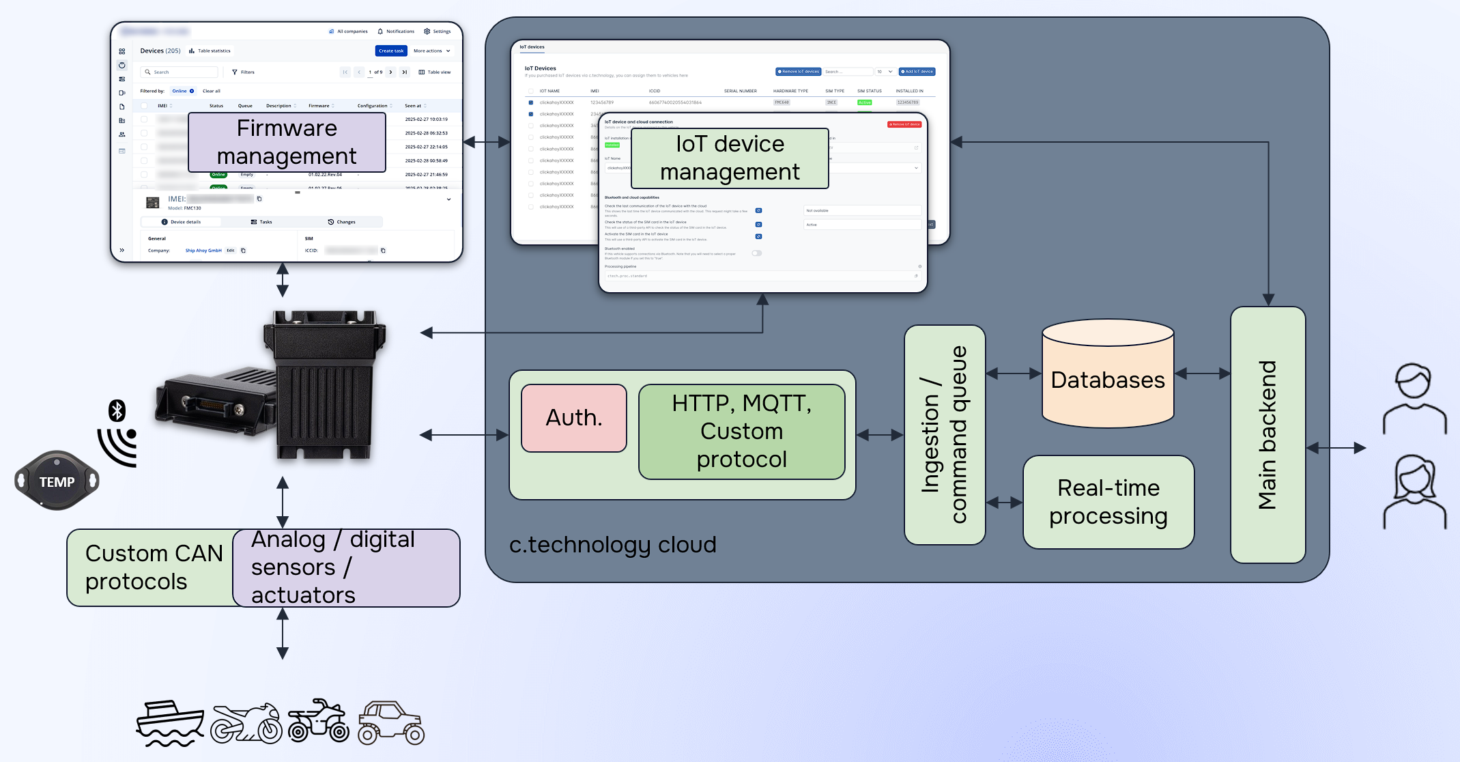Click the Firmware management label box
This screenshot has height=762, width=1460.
(287, 142)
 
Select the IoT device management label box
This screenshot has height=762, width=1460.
(730, 158)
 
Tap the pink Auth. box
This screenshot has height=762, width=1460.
(574, 418)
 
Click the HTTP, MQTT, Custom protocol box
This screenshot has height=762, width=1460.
(741, 432)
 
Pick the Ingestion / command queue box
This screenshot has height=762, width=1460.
(944, 435)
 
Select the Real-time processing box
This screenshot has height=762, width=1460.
(1108, 502)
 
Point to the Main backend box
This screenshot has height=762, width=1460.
(1268, 435)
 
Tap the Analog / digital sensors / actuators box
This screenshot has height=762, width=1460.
(346, 567)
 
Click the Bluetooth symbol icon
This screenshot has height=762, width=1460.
(117, 410)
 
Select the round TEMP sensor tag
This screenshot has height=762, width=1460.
(57, 481)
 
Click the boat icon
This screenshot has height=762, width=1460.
(169, 722)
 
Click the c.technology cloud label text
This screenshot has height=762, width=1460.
(612, 545)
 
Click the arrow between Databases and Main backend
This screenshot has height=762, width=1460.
(1202, 373)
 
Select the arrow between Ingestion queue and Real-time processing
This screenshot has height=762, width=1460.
(1004, 503)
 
